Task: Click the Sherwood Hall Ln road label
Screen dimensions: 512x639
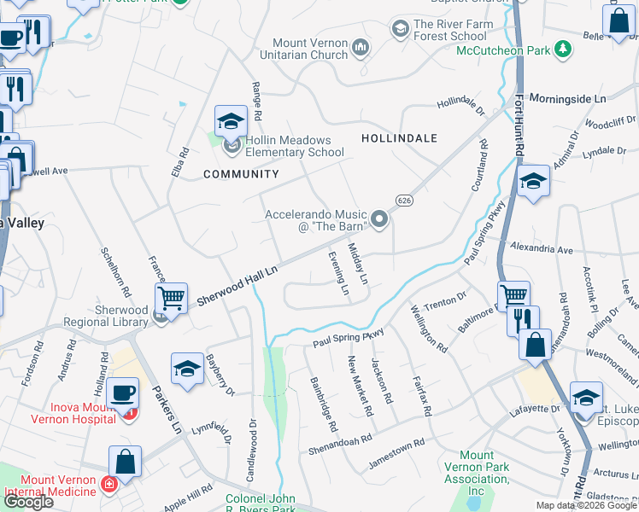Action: [237, 286]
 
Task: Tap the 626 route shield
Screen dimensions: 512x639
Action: [404, 199]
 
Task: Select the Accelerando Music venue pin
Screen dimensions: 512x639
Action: [379, 221]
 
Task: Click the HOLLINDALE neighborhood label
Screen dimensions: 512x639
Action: [399, 137]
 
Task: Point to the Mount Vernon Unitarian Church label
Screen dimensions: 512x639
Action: [312, 49]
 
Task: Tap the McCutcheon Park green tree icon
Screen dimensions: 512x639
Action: [562, 50]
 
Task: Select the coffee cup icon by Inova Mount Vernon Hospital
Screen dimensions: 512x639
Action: [123, 393]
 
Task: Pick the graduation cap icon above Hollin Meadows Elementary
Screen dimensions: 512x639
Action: [231, 121]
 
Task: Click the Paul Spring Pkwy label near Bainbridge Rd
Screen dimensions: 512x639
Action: [348, 338]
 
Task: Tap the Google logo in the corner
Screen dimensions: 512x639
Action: [28, 502]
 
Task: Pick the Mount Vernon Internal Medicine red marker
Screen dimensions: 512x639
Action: [108, 485]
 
